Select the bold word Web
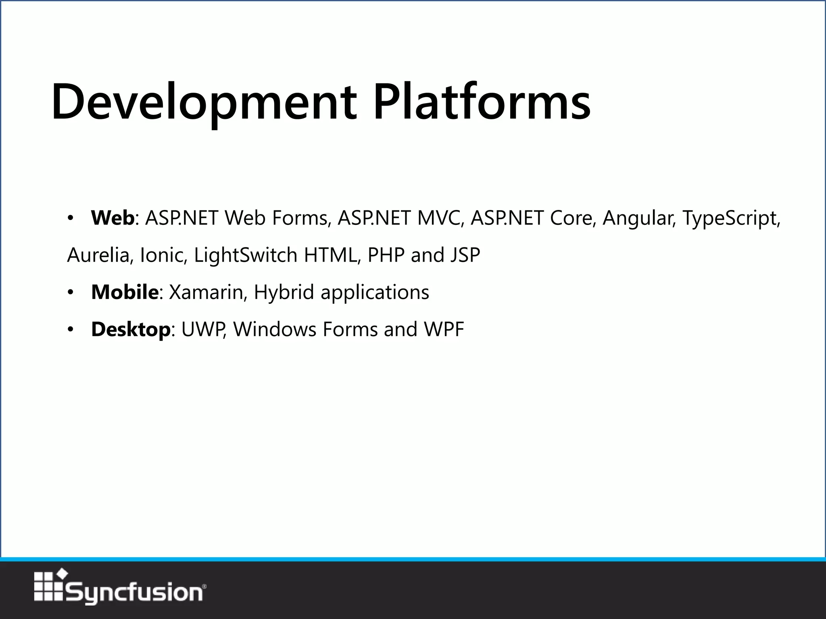(x=113, y=218)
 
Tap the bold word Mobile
(x=125, y=292)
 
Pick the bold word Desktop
(x=131, y=330)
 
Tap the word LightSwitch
(x=245, y=255)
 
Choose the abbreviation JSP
(x=465, y=255)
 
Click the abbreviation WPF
(x=444, y=330)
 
